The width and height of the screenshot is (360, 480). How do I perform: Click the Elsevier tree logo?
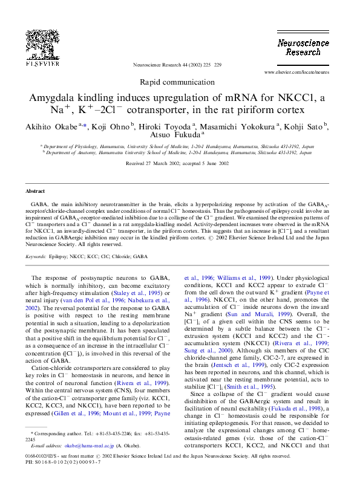tap(42, 48)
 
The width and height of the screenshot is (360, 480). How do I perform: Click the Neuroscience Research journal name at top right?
tap(303, 48)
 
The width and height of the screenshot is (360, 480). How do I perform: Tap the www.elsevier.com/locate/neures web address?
tap(296, 73)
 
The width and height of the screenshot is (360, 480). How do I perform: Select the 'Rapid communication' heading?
tap(177, 82)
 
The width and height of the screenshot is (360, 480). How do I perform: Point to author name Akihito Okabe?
tap(51, 127)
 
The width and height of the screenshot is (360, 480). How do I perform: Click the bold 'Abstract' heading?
tap(35, 191)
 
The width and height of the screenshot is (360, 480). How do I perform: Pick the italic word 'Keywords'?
tap(36, 256)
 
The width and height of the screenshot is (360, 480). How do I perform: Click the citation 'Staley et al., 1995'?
tap(137, 293)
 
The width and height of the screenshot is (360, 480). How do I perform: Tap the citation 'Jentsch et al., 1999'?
tap(238, 365)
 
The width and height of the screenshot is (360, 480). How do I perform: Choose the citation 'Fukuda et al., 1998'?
tap(296, 409)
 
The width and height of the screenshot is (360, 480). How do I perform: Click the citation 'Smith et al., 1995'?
tap(250, 387)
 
